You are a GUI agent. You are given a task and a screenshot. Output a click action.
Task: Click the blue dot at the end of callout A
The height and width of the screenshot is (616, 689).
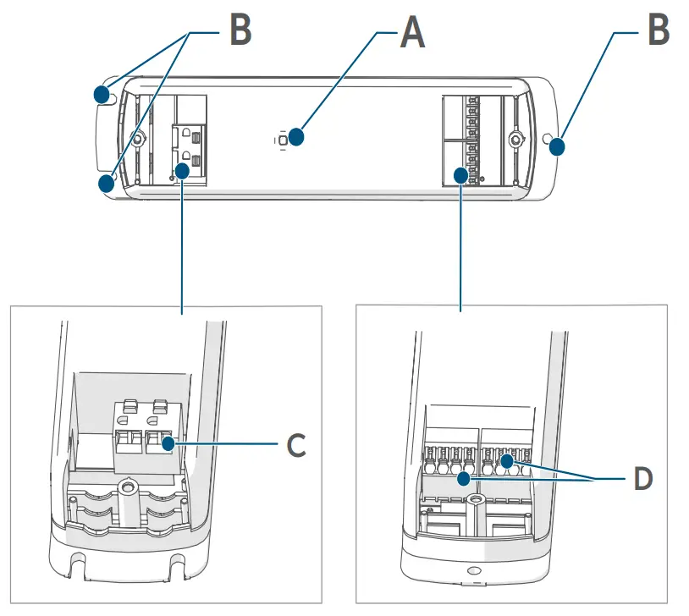point(295,136)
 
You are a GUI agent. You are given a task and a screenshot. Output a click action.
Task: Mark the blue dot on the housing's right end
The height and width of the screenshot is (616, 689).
point(557,148)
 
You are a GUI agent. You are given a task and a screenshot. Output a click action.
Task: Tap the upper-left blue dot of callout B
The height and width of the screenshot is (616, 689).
point(102,91)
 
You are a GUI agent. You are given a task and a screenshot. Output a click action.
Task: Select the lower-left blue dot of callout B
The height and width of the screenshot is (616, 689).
point(105,183)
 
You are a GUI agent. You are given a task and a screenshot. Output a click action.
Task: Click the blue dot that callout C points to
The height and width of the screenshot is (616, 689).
point(168,443)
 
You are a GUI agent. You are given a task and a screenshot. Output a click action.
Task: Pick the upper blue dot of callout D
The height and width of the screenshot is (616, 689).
point(506,461)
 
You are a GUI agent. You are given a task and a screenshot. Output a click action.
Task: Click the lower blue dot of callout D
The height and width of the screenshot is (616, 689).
point(464,480)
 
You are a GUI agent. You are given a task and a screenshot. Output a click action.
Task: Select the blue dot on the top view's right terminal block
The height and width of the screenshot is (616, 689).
point(460,175)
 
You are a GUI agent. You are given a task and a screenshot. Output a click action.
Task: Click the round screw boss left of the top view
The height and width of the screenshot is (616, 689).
point(135,139)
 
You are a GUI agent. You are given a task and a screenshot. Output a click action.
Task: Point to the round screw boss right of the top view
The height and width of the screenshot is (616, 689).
point(513,139)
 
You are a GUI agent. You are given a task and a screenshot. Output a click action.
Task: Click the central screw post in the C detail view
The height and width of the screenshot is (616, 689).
point(128,487)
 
